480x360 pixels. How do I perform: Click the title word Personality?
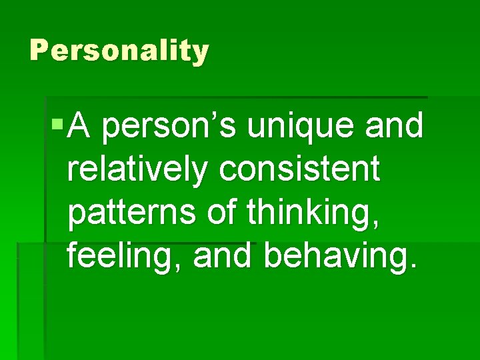(119, 51)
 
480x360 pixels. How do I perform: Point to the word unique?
(303, 127)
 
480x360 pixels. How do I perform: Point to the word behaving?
(340, 258)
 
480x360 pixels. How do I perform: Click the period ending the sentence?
(417, 269)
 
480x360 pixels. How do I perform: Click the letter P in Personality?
(37, 50)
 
